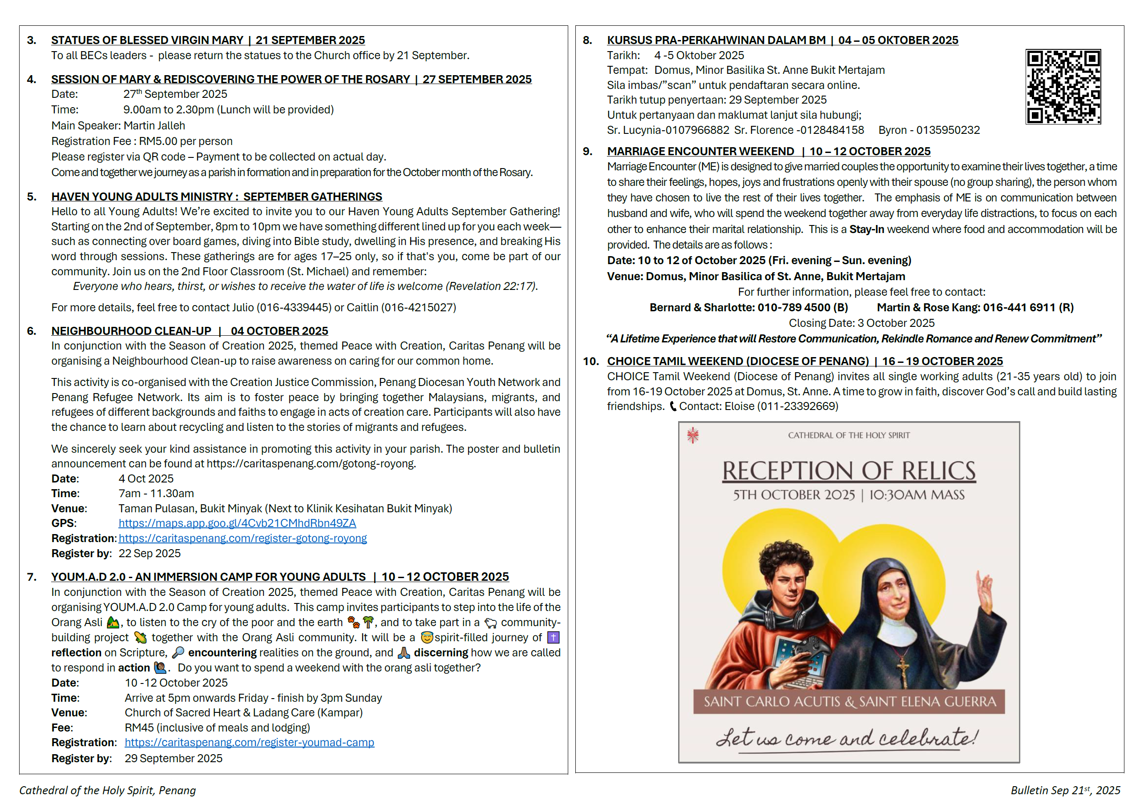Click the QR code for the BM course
point(1063,87)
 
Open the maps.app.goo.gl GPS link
point(237,523)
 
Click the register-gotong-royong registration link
point(243,538)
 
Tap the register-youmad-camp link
point(249,742)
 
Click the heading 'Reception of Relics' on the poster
point(849,470)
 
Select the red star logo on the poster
point(692,435)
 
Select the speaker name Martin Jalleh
point(154,126)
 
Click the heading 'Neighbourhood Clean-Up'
point(132,331)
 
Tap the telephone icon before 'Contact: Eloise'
point(673,407)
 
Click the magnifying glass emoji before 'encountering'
point(178,653)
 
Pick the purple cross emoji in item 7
point(553,637)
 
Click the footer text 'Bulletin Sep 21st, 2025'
point(1065,790)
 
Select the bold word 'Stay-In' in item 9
point(866,229)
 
